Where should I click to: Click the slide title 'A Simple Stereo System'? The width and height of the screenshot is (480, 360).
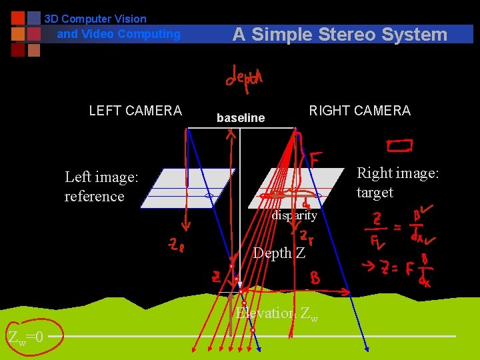pos(339,35)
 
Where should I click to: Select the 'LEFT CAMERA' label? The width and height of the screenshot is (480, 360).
pos(135,111)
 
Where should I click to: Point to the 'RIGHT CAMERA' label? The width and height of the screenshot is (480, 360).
pos(359,111)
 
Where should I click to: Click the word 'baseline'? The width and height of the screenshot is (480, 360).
pos(241,118)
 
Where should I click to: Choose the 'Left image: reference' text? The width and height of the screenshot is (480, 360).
pos(101,187)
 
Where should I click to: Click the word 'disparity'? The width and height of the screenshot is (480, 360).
pos(294,215)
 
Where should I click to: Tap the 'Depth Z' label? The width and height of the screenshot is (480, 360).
pos(279,253)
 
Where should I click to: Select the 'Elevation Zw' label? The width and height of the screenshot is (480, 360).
pos(277,313)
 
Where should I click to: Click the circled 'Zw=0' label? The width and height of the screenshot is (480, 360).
pos(26,337)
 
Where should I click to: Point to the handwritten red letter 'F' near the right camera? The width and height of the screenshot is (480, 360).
pos(317,159)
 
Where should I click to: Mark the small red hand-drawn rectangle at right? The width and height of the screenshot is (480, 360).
pos(399,145)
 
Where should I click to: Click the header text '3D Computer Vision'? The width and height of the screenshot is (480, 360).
pos(95,19)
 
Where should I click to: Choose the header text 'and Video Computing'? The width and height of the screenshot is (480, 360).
pos(119,34)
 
